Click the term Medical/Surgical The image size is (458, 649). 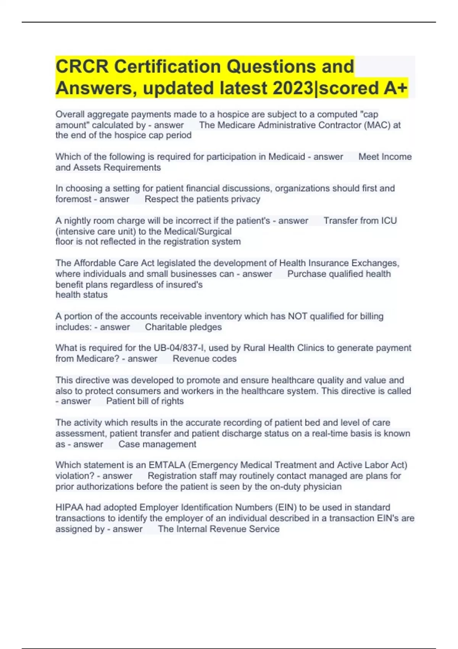point(197,232)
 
